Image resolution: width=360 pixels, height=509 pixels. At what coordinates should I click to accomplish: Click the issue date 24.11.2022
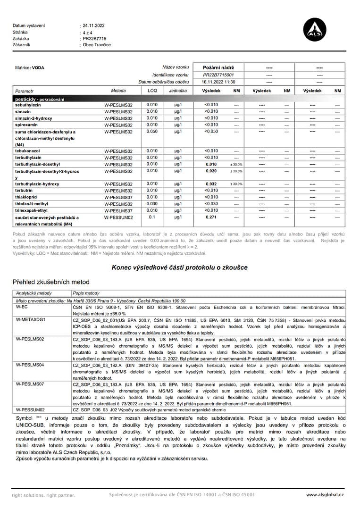tap(93, 25)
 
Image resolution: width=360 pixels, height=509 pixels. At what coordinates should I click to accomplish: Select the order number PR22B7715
tap(94, 39)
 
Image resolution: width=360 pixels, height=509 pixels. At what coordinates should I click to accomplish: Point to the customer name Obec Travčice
tap(97, 45)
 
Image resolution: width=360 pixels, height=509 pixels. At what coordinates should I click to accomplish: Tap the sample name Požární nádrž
tap(218, 68)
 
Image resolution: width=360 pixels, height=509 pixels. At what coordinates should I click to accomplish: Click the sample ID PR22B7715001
tap(218, 75)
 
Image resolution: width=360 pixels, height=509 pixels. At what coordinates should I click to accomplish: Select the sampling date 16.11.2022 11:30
tap(218, 82)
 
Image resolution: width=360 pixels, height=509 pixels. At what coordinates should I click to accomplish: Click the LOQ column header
tap(152, 91)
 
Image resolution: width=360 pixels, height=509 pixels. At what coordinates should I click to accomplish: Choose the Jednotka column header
tap(177, 91)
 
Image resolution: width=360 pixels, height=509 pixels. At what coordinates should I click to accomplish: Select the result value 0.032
tap(211, 184)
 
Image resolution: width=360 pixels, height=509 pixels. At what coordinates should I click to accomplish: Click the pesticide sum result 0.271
tap(211, 217)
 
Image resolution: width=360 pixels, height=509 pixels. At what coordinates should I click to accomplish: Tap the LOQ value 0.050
tap(152, 132)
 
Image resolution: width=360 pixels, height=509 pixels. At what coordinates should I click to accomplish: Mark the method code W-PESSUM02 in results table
tap(118, 218)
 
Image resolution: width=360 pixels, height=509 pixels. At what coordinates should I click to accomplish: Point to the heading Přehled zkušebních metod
tap(50, 282)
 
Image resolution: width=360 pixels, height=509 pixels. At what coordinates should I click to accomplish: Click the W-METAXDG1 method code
tap(31, 319)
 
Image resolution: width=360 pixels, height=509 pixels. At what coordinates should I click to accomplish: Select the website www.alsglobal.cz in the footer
tap(325, 495)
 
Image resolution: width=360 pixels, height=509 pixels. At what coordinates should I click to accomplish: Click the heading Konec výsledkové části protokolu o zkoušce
tap(179, 267)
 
